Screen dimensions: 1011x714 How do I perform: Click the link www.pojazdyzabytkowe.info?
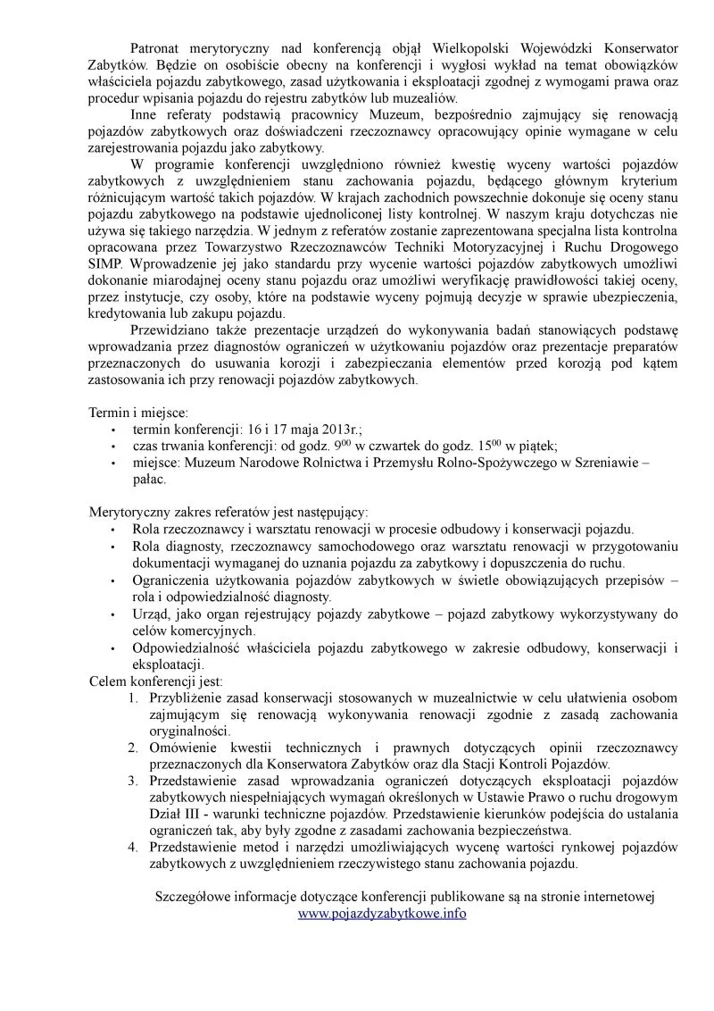point(381,914)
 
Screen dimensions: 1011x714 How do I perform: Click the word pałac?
point(149,479)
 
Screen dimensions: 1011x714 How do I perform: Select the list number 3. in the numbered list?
point(131,781)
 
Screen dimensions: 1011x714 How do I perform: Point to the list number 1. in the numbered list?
point(131,697)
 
